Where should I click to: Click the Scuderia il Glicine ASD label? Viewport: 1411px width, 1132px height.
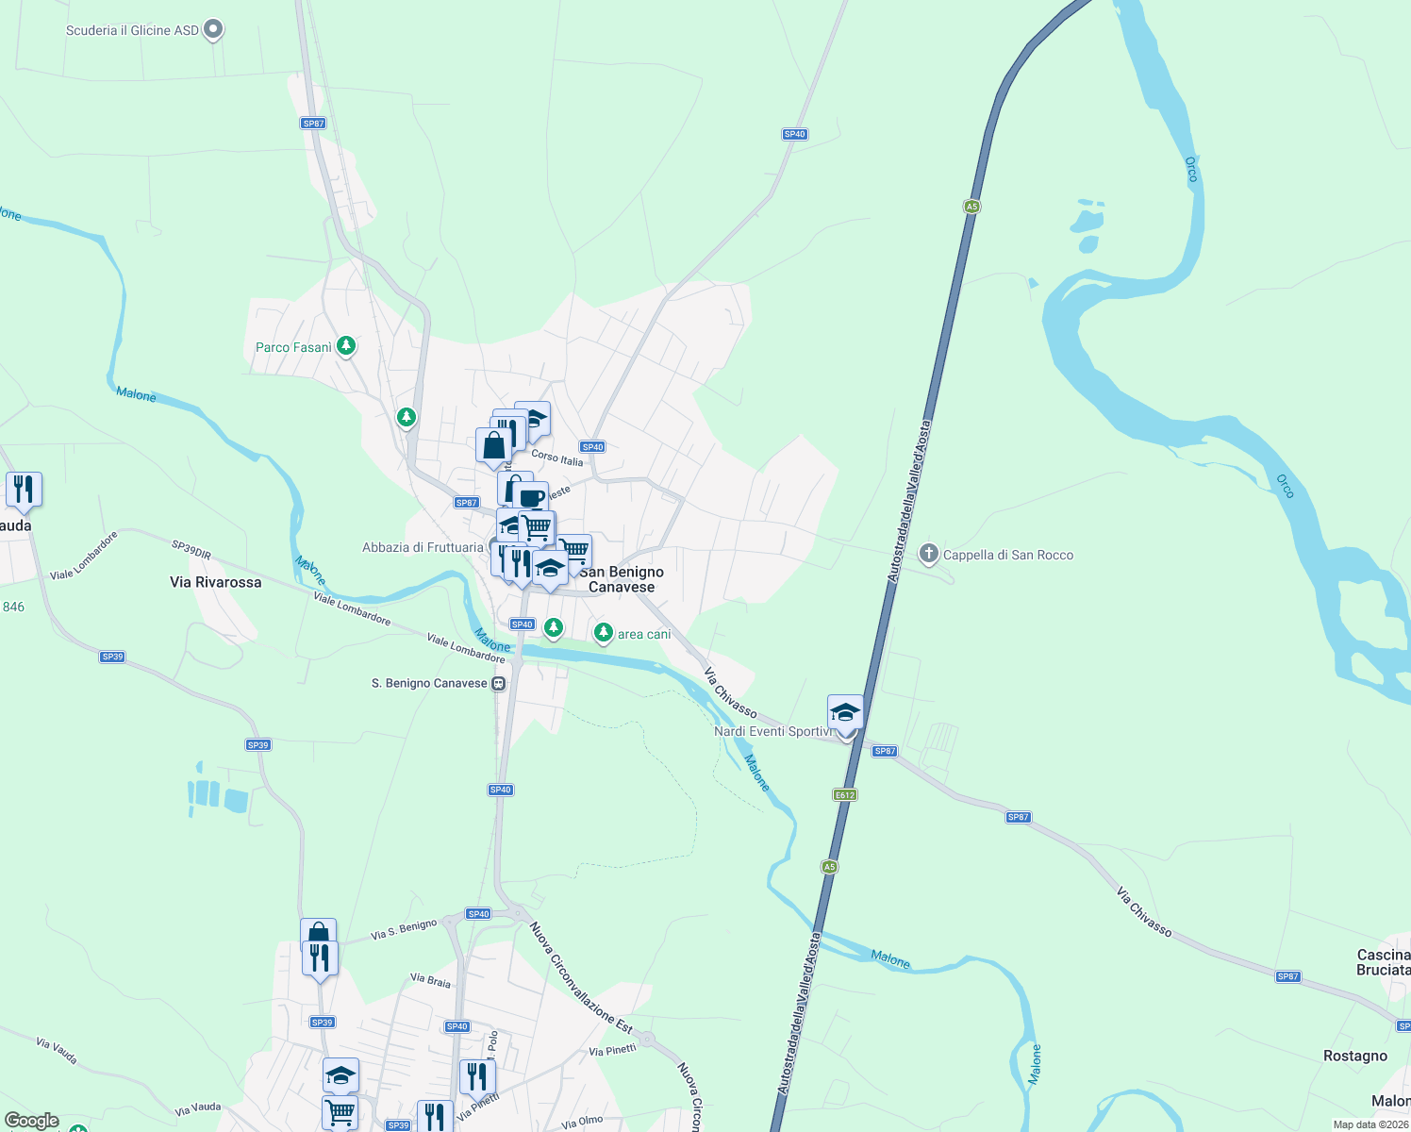click(132, 30)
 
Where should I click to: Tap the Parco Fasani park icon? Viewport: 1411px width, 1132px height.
click(346, 346)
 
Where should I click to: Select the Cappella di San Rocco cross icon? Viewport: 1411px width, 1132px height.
click(929, 554)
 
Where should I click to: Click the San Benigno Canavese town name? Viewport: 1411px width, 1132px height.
click(622, 579)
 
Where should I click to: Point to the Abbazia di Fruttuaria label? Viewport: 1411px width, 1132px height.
click(423, 547)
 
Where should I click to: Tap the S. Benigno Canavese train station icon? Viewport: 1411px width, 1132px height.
click(498, 683)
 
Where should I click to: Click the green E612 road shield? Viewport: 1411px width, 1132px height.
click(845, 795)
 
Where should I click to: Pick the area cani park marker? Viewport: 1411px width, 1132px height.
click(604, 634)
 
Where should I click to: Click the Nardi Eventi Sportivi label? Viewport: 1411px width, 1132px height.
click(772, 731)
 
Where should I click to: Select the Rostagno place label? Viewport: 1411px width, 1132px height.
click(1355, 1056)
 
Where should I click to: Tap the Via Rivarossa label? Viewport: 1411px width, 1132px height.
click(216, 582)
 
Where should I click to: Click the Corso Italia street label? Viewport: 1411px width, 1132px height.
click(557, 458)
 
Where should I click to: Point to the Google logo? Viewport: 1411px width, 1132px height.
click(32, 1121)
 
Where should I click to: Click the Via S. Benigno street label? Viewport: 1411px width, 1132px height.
click(404, 929)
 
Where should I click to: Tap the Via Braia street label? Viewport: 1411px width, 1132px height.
click(431, 980)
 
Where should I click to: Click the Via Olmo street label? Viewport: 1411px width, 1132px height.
click(582, 1122)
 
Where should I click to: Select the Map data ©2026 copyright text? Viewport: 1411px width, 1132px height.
click(1369, 1124)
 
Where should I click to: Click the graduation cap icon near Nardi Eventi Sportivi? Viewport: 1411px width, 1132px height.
click(845, 711)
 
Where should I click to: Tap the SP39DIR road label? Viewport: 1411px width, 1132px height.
click(191, 548)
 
